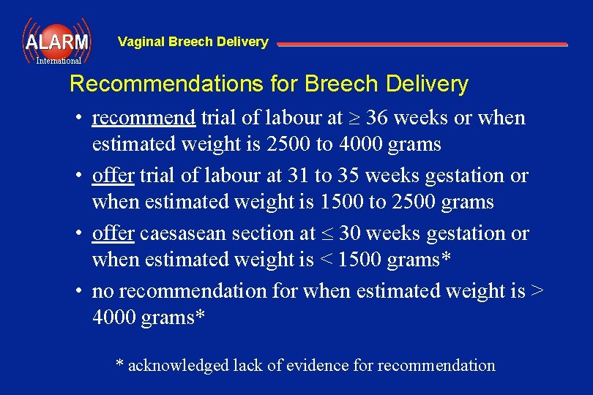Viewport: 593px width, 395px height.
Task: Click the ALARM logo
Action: click(x=56, y=42)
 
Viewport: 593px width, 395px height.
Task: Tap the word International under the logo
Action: click(x=59, y=61)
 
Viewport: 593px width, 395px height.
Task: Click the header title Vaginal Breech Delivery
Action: click(x=193, y=42)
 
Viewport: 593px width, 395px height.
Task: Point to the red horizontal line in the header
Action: click(x=422, y=45)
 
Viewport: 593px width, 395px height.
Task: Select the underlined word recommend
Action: click(x=143, y=118)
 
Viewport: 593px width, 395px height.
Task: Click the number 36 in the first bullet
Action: click(x=377, y=118)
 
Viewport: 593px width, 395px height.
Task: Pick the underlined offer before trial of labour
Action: click(x=113, y=176)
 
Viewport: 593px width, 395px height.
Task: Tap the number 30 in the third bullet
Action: click(x=348, y=233)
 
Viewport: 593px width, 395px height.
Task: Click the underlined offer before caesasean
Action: click(x=113, y=233)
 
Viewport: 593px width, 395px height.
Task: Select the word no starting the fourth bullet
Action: click(x=102, y=291)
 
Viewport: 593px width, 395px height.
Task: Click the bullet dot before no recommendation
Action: click(x=77, y=291)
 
